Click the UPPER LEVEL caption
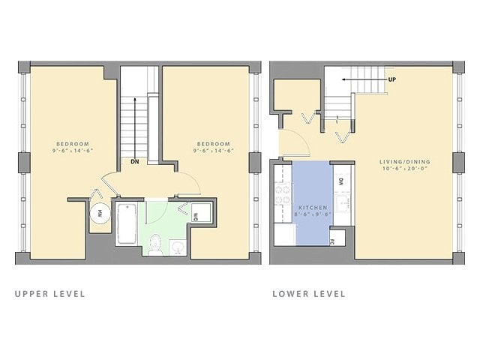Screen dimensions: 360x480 pos(49,294)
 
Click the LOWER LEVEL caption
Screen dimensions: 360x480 pos(308,294)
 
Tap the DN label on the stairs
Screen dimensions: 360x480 pos(134,161)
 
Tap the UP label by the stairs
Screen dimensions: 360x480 pos(391,79)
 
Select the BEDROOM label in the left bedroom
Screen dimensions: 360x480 pos(73,144)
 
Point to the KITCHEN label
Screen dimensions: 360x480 pos(312,207)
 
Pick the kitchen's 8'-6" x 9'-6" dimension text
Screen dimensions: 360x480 pos(312,215)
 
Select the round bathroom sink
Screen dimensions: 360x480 pos(178,246)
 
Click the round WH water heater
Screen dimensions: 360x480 pos(98,213)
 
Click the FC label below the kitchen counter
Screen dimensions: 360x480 pos(333,241)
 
